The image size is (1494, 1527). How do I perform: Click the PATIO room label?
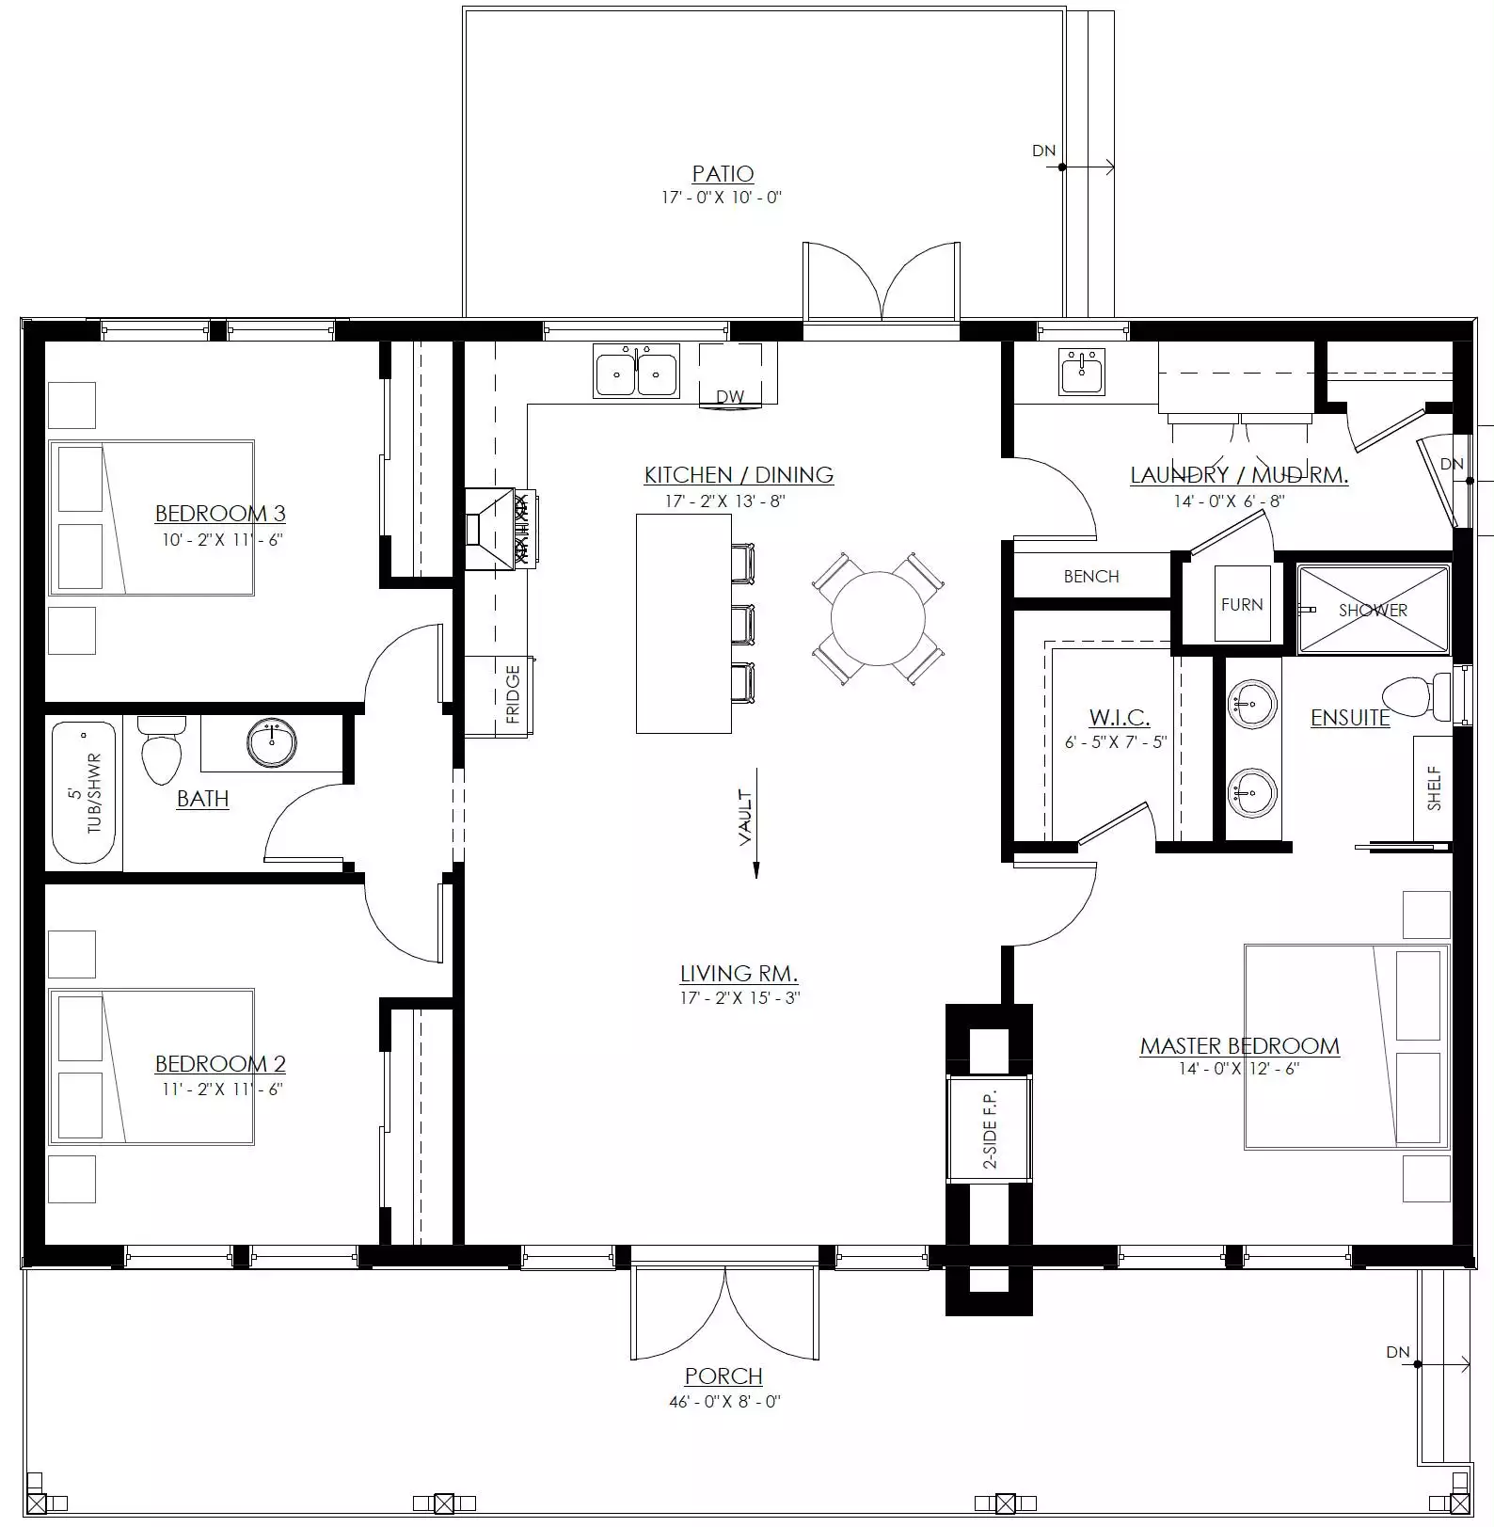pyautogui.click(x=723, y=174)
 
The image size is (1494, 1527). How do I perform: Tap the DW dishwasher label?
pyautogui.click(x=730, y=397)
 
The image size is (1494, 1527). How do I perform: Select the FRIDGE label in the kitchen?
pyautogui.click(x=513, y=694)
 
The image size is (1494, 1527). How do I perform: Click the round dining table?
pyautogui.click(x=878, y=618)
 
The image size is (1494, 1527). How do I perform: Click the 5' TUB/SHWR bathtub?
pyautogui.click(x=85, y=792)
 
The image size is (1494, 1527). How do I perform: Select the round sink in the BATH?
pyautogui.click(x=273, y=743)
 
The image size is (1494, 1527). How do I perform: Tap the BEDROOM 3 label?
pyautogui.click(x=220, y=514)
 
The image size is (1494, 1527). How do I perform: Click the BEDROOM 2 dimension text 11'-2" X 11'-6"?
pyautogui.click(x=221, y=1089)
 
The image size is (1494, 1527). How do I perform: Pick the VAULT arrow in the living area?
pyautogui.click(x=755, y=823)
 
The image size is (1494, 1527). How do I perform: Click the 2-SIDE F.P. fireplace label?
pyautogui.click(x=990, y=1128)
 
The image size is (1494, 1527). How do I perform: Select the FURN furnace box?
pyautogui.click(x=1242, y=604)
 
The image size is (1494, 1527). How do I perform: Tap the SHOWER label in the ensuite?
pyautogui.click(x=1373, y=610)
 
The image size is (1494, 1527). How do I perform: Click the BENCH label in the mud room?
pyautogui.click(x=1091, y=576)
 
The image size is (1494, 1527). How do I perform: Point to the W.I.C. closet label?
pyautogui.click(x=1119, y=718)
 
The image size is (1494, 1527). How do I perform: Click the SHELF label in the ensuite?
pyautogui.click(x=1434, y=788)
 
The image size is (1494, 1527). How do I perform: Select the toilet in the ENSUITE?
pyautogui.click(x=1417, y=697)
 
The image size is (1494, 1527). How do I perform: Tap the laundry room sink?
pyautogui.click(x=1082, y=372)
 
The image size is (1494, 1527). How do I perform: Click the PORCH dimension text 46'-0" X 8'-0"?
pyautogui.click(x=724, y=1401)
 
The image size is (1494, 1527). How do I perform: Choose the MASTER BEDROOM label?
pyautogui.click(x=1239, y=1045)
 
